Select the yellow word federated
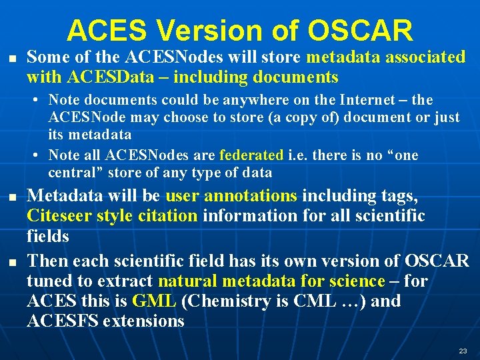[x=251, y=155]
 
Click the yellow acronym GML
[x=154, y=301]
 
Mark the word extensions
[x=144, y=321]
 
